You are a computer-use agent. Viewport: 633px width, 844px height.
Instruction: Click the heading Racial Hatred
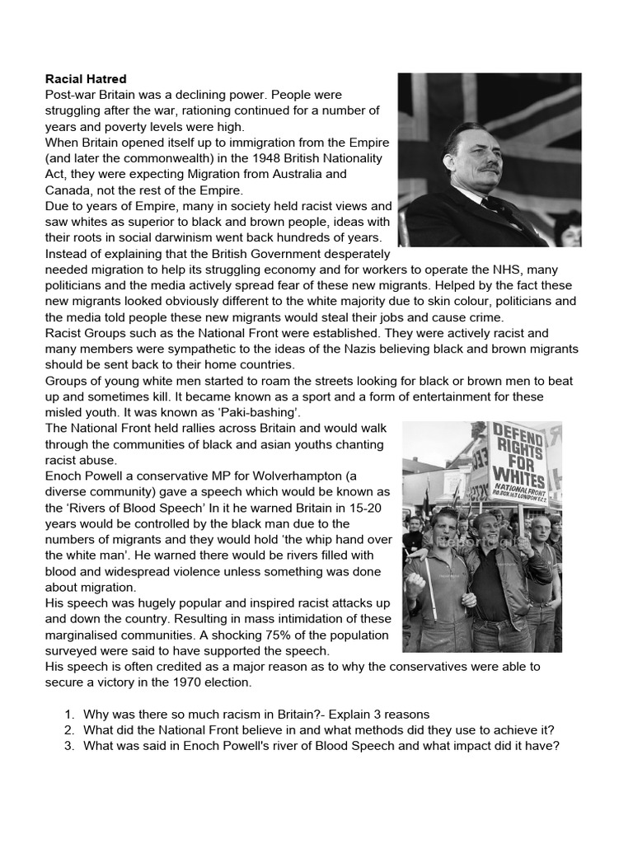86,79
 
